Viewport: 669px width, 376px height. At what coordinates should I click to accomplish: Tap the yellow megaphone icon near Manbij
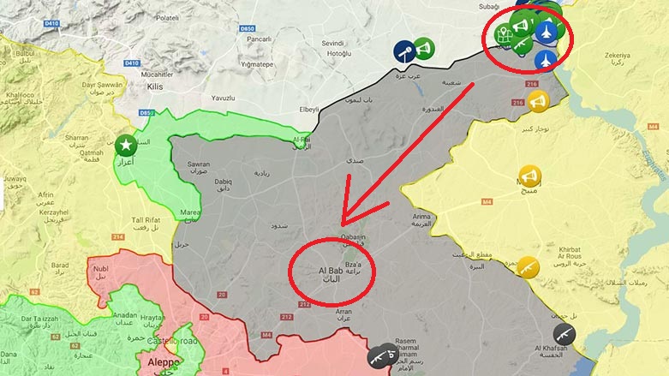point(530,177)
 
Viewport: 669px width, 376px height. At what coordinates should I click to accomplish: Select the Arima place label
point(424,218)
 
